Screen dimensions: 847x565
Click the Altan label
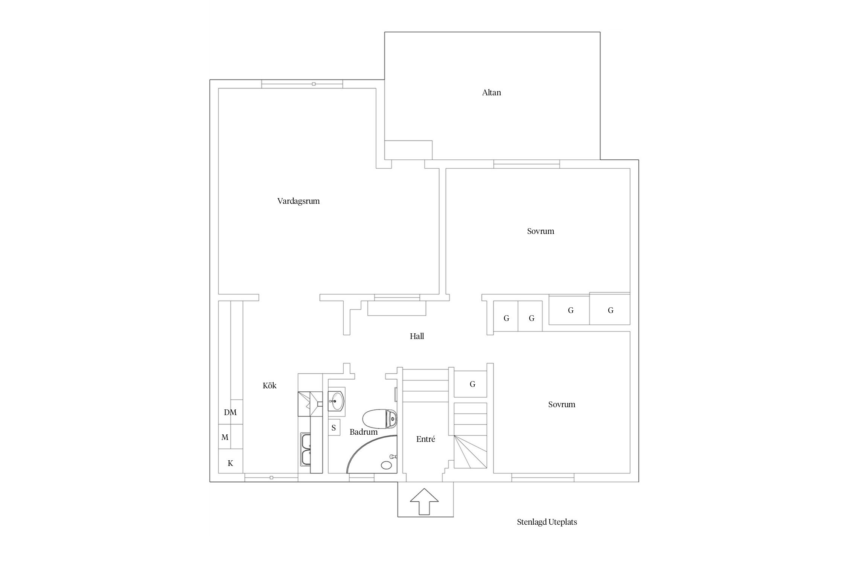point(491,93)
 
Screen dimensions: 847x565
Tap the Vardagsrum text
point(299,201)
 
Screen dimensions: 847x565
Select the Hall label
point(417,336)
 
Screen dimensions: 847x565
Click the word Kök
point(270,386)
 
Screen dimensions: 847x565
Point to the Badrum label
point(363,432)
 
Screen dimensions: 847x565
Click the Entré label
point(426,439)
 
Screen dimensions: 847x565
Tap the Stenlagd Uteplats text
point(547,522)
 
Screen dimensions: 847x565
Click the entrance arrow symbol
point(424,501)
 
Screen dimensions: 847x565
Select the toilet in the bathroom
point(379,418)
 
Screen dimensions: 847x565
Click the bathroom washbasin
point(336,401)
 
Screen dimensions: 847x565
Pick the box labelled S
point(334,428)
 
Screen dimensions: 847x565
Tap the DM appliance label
point(230,412)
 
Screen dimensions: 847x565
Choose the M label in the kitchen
point(225,437)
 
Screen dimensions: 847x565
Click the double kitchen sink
point(305,450)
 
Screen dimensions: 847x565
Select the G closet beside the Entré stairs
point(471,384)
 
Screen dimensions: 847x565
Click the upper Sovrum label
point(541,231)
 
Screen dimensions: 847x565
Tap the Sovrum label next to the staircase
point(562,405)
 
